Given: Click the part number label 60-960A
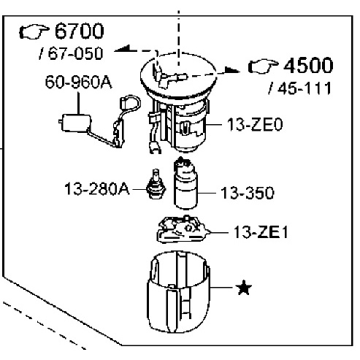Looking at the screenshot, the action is point(78,82).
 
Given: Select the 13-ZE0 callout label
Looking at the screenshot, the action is point(255,124).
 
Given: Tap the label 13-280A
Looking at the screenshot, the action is point(97,189).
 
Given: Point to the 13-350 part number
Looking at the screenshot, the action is point(248,193).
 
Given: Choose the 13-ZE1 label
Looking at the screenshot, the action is point(261,232).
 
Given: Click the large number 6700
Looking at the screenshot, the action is point(80,31).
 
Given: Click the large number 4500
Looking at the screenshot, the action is point(308,65).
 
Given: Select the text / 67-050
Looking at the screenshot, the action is point(71,53).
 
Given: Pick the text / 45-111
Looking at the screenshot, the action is point(300,88).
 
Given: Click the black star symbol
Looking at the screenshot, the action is point(244,288).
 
